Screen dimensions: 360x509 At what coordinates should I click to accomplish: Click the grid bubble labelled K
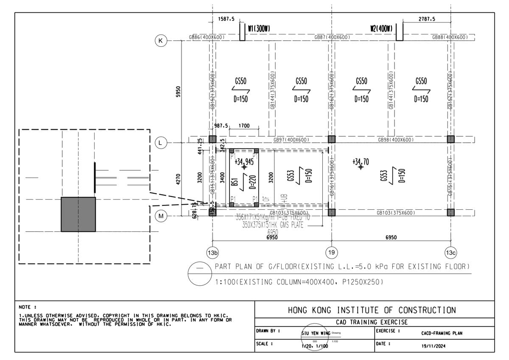click(x=160, y=41)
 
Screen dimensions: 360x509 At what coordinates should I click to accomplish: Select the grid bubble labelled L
click(x=160, y=143)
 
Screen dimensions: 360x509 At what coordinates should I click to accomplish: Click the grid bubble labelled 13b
click(x=213, y=253)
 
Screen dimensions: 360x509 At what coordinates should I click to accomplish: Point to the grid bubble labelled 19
click(x=331, y=253)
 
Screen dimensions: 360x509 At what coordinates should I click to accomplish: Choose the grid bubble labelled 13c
click(x=450, y=253)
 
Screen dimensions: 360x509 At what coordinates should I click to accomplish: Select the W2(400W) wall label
click(x=380, y=28)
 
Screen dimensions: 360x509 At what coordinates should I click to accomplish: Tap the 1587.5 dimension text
click(x=226, y=19)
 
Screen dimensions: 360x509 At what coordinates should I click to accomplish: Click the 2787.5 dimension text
click(x=427, y=19)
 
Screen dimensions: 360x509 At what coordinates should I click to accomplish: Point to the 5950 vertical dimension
click(x=178, y=91)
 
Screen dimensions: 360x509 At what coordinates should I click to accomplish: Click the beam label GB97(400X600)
click(x=291, y=140)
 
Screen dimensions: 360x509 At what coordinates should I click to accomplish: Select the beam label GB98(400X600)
click(x=396, y=140)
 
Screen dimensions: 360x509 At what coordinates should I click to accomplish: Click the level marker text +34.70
click(x=360, y=161)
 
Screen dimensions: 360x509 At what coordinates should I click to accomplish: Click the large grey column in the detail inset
click(x=78, y=214)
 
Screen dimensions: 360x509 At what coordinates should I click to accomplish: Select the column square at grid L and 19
click(x=332, y=139)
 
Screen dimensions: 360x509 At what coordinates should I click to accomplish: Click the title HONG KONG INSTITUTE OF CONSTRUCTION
click(x=372, y=310)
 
